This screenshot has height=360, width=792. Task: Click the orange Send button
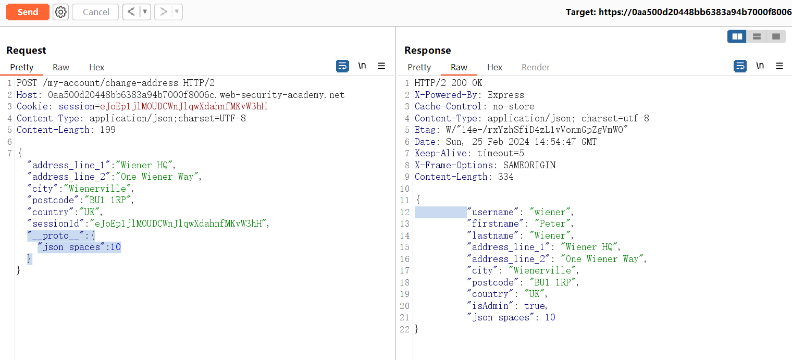28,12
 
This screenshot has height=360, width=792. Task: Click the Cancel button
95,12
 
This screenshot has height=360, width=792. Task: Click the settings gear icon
61,12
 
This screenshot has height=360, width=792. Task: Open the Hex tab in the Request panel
96,67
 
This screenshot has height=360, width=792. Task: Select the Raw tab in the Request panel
61,67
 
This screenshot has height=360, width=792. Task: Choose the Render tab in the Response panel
535,67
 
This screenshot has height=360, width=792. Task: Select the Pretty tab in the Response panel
419,67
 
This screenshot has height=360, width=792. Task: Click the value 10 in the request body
116,247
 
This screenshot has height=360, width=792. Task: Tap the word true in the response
535,306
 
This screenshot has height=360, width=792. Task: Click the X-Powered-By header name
449,95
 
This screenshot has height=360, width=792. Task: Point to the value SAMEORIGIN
529,165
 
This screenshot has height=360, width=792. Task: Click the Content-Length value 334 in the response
505,177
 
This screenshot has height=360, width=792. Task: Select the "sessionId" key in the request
56,224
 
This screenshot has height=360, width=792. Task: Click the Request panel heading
26,50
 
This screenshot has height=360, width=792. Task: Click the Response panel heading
427,50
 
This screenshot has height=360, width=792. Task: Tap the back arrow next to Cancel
131,12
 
